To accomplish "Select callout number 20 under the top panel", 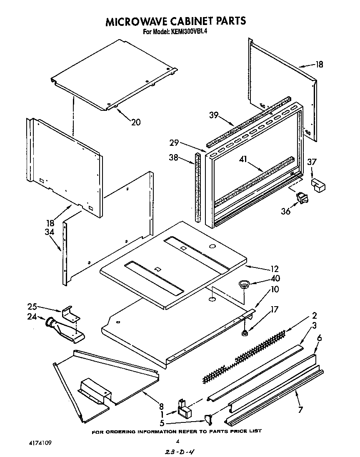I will (x=136, y=122).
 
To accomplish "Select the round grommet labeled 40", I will (x=243, y=284).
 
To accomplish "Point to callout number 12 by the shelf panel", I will (x=275, y=269).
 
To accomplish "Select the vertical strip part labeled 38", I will (x=197, y=187).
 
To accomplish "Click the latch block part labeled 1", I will (x=183, y=409).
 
